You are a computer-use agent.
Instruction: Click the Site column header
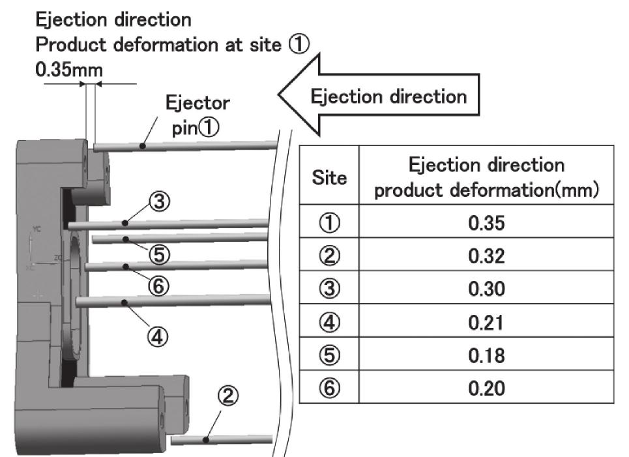330,177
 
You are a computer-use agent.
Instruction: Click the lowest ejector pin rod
222,440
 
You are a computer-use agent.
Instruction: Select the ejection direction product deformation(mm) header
486,177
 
